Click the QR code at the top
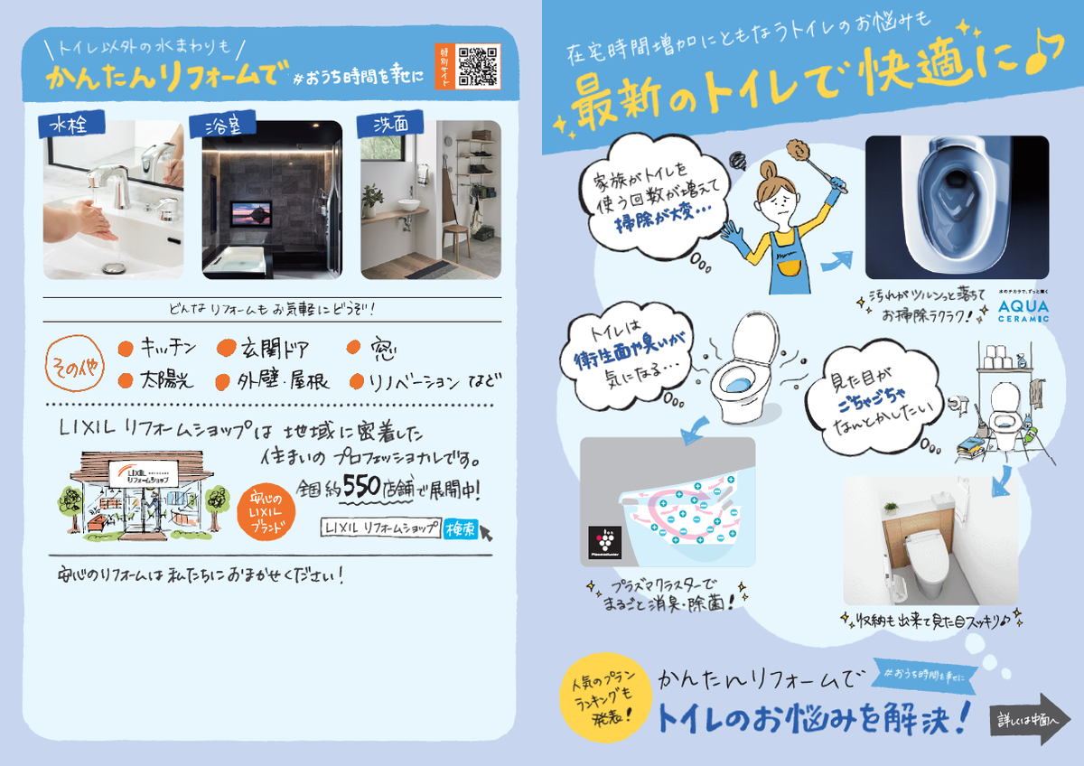(x=479, y=65)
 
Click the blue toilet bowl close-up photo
(x=956, y=206)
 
